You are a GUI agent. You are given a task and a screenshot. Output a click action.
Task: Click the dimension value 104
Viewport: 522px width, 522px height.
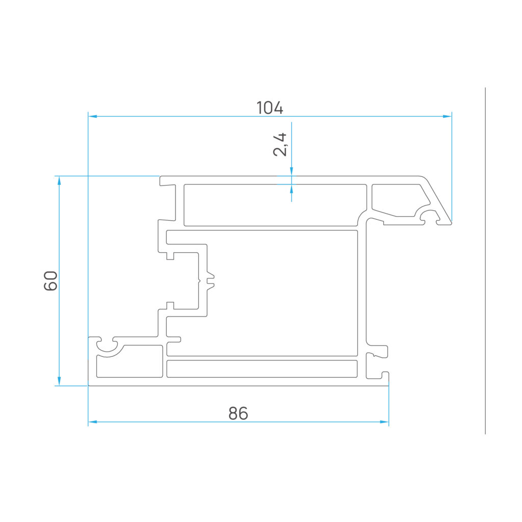270,108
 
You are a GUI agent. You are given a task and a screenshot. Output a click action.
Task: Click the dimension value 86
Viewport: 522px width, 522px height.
239,413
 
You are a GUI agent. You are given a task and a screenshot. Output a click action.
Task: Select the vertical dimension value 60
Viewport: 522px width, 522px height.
50,281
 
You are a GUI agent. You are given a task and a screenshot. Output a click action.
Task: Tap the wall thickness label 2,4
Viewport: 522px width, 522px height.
280,144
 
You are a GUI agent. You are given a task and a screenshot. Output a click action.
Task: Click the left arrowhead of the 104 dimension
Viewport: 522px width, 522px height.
93,117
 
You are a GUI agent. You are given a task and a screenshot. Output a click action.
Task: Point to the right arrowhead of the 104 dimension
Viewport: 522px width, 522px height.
447,117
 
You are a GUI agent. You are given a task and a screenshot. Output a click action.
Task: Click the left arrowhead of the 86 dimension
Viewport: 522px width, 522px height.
93,422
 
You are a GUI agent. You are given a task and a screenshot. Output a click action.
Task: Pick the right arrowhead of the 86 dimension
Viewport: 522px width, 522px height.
384,422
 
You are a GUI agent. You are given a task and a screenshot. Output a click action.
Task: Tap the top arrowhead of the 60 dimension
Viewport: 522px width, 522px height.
59,180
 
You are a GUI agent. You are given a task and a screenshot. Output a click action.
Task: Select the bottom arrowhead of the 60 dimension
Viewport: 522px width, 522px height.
59,381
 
